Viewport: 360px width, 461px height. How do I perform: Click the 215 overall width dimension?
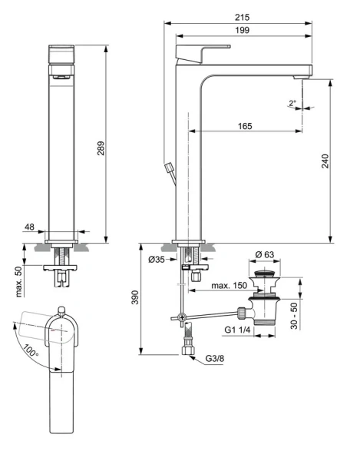(x=242, y=18)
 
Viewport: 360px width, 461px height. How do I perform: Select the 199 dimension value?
(x=242, y=30)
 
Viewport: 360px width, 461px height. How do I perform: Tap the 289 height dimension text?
(x=101, y=148)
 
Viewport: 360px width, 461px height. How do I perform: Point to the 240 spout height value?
(x=325, y=161)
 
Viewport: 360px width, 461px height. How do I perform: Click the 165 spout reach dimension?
(x=245, y=126)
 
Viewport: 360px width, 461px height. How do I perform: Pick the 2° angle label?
(x=292, y=103)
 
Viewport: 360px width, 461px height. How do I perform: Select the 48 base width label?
(x=29, y=227)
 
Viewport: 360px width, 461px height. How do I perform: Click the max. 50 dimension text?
(x=18, y=282)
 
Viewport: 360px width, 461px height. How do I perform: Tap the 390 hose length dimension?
(x=135, y=297)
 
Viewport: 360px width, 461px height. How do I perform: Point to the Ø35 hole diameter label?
(x=157, y=260)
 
